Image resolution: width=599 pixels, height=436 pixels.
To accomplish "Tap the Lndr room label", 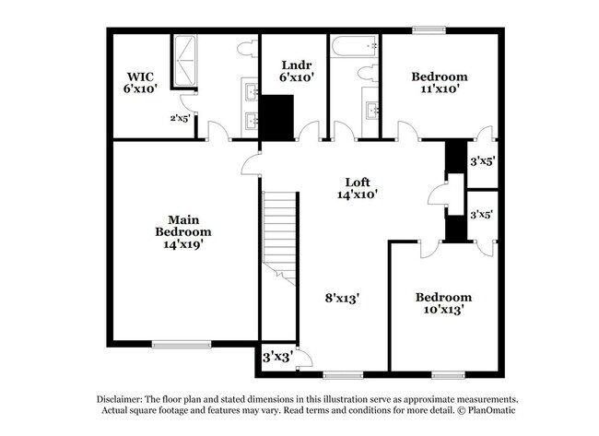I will [294, 72].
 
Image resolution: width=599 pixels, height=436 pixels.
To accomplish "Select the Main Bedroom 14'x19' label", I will [178, 231].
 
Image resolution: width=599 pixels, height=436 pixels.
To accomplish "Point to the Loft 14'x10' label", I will [358, 187].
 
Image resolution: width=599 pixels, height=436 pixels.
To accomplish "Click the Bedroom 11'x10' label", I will [439, 82].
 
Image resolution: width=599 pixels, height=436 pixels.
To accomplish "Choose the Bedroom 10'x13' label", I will [443, 303].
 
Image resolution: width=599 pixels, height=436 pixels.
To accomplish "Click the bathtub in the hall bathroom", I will [355, 45].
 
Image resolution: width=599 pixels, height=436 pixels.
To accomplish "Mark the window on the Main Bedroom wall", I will [176, 345].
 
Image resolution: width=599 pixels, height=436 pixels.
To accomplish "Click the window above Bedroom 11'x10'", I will [429, 29].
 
